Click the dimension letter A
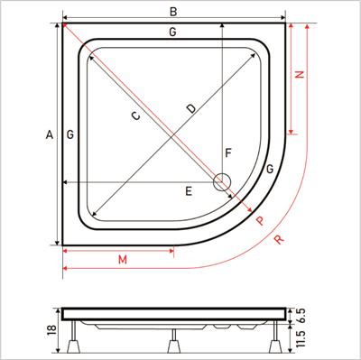[50, 134]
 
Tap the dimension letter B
[173, 12]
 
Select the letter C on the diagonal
[136, 115]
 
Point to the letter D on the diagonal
[190, 108]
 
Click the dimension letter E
[189, 191]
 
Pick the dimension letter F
[228, 153]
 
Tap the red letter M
[123, 259]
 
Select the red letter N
[299, 74]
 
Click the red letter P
[261, 221]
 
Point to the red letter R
[280, 240]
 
